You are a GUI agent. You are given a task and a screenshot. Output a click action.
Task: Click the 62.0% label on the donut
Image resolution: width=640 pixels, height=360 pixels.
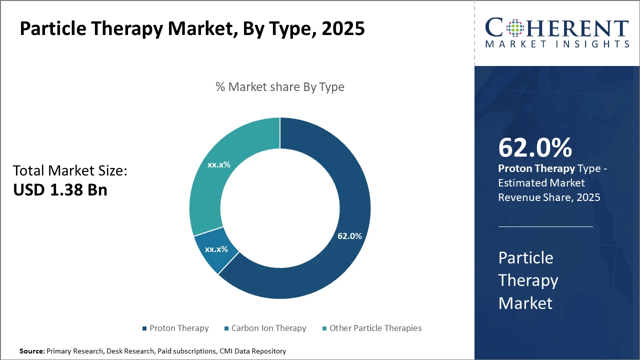pyautogui.click(x=349, y=236)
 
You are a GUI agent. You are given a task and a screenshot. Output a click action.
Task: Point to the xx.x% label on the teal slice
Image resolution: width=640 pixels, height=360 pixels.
pyautogui.click(x=218, y=164)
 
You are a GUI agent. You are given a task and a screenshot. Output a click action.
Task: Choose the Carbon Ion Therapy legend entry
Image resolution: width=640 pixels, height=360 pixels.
pyautogui.click(x=268, y=328)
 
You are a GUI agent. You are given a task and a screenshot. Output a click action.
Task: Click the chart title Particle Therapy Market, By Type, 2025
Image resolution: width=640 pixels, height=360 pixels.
pyautogui.click(x=192, y=29)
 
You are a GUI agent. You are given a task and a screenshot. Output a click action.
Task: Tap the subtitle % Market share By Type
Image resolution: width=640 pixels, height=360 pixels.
pyautogui.click(x=280, y=87)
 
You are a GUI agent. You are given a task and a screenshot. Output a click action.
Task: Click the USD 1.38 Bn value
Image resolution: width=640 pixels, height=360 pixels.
pyautogui.click(x=60, y=190)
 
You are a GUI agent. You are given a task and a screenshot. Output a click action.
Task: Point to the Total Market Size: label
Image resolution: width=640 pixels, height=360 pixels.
pyautogui.click(x=70, y=171)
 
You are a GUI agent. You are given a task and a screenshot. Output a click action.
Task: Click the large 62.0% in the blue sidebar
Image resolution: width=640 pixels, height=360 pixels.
pyautogui.click(x=535, y=148)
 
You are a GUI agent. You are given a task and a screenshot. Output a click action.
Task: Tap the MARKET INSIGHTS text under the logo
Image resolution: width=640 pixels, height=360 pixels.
pyautogui.click(x=557, y=44)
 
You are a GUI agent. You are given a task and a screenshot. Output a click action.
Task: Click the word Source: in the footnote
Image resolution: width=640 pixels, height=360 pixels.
pyautogui.click(x=32, y=351)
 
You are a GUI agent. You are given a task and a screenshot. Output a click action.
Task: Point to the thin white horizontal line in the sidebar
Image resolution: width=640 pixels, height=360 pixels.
pyautogui.click(x=545, y=226)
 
